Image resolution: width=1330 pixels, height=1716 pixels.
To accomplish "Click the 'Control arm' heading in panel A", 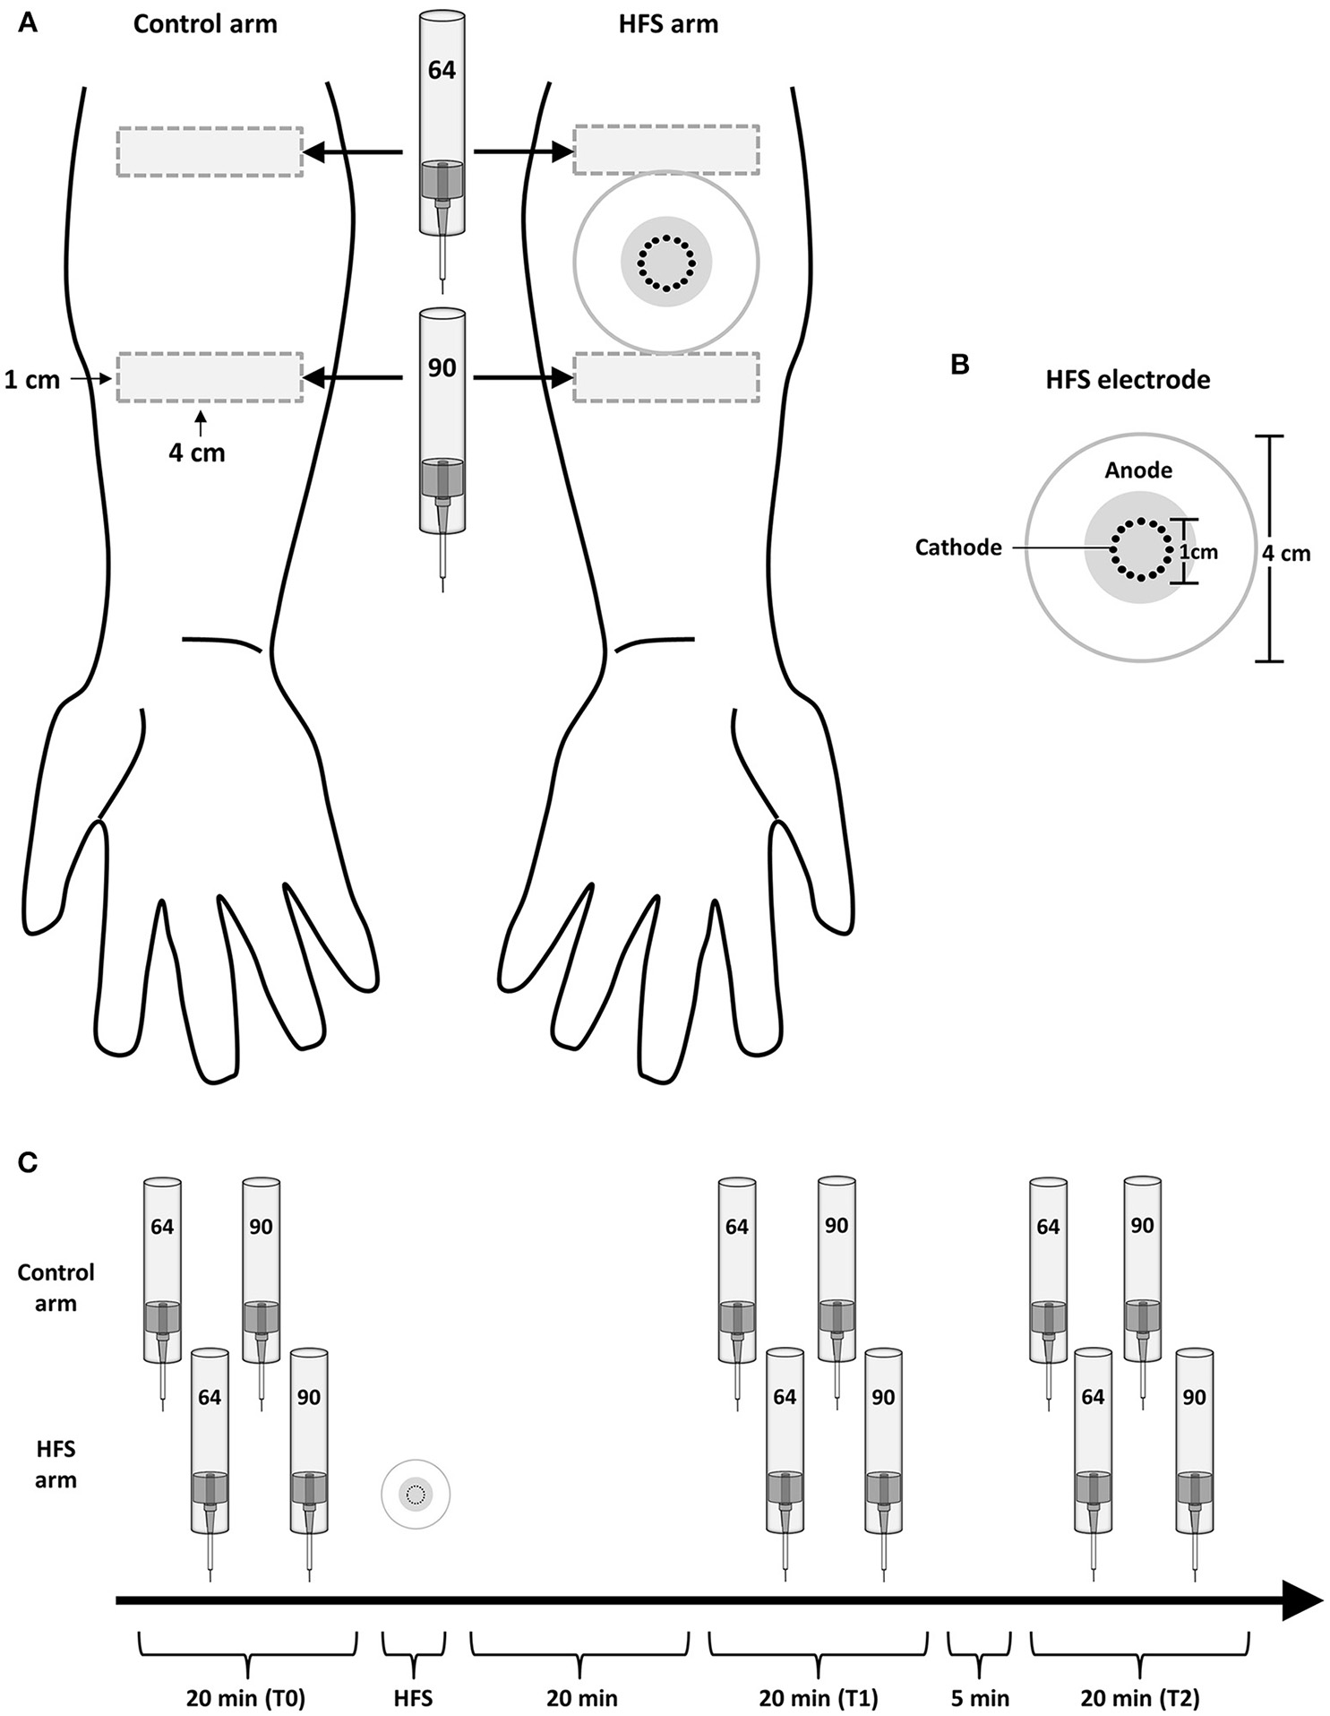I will tap(205, 23).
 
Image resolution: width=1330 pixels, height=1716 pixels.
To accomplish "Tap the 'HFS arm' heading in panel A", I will tap(668, 23).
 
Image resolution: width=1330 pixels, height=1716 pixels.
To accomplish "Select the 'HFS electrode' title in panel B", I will tap(1128, 379).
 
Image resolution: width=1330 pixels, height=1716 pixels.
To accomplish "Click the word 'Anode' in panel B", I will tap(1138, 470).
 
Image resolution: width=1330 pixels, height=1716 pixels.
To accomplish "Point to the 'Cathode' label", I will tap(958, 547).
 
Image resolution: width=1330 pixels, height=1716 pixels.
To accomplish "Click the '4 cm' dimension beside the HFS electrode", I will tap(1286, 554).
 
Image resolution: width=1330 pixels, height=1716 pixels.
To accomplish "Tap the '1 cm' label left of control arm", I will tap(32, 380).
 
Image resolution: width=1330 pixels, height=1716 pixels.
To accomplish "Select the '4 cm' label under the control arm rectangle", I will tap(197, 453).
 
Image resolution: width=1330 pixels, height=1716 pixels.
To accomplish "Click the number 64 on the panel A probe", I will tap(442, 70).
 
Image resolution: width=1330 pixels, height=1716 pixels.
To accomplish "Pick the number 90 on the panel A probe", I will tap(442, 367).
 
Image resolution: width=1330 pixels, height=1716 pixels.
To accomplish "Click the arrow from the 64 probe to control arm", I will tap(353, 153).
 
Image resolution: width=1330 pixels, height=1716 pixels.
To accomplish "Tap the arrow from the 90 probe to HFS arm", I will tap(523, 379).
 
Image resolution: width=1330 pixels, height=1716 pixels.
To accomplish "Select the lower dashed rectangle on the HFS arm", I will tap(666, 377).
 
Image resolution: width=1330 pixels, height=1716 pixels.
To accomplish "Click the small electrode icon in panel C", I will tap(416, 1494).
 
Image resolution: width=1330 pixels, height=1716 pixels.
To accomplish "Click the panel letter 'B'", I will tap(959, 366).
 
